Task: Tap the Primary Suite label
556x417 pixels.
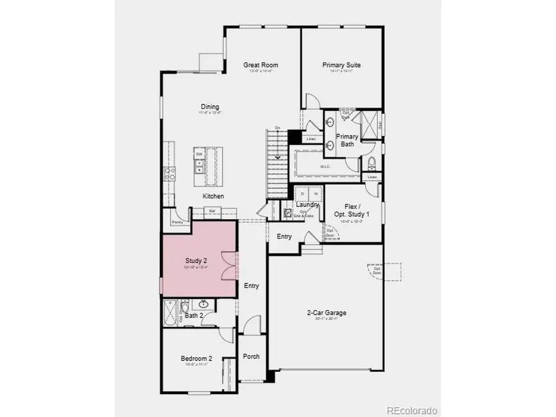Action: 342,65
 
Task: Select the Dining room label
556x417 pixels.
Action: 209,107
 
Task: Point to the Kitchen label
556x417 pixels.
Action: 214,196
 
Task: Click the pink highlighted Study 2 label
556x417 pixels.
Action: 196,261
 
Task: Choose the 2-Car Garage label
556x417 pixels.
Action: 327,313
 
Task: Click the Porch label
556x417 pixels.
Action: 251,356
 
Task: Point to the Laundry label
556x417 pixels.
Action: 307,204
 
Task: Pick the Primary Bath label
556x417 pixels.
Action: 347,140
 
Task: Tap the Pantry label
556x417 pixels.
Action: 177,221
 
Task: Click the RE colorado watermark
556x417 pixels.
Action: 412,410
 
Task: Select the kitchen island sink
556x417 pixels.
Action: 200,166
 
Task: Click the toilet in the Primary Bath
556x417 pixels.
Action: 371,163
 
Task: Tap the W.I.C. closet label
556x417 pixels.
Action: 326,167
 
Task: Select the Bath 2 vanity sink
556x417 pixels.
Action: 202,304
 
